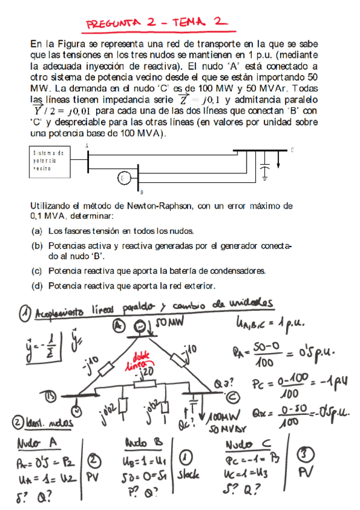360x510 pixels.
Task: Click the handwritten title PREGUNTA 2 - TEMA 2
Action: coord(157,23)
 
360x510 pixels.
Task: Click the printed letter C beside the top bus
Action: coord(292,150)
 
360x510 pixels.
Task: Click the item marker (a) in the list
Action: coord(36,230)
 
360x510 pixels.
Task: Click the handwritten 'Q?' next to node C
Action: coord(219,383)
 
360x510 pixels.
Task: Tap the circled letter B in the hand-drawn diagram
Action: coord(52,398)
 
